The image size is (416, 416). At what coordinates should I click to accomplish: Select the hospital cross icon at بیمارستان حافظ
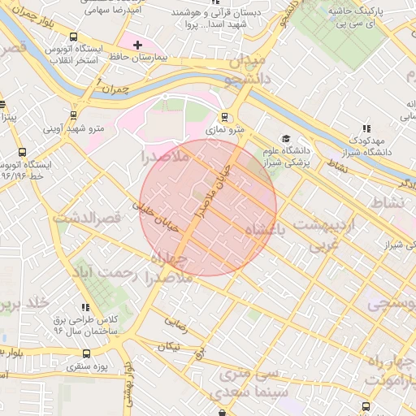pyautogui.click(x=136, y=45)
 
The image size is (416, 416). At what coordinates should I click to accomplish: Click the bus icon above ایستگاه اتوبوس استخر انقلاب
pyautogui.click(x=74, y=37)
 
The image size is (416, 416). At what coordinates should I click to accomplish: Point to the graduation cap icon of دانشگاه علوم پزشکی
pyautogui.click(x=284, y=138)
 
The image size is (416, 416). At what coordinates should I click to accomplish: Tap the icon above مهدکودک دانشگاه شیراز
pyautogui.click(x=366, y=128)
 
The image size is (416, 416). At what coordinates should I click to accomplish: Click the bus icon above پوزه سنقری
pyautogui.click(x=87, y=354)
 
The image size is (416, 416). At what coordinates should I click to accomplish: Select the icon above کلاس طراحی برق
pyautogui.click(x=85, y=306)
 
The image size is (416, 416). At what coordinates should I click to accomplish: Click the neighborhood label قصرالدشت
pyautogui.click(x=87, y=218)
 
